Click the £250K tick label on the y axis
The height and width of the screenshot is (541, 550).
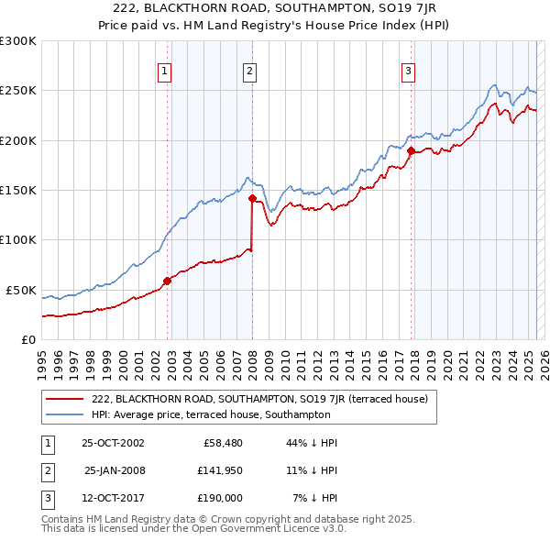(17, 91)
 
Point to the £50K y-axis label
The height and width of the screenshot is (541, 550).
(21, 290)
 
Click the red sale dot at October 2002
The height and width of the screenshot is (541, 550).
(167, 282)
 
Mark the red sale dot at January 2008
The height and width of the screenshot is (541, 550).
(252, 196)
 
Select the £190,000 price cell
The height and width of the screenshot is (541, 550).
(219, 499)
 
